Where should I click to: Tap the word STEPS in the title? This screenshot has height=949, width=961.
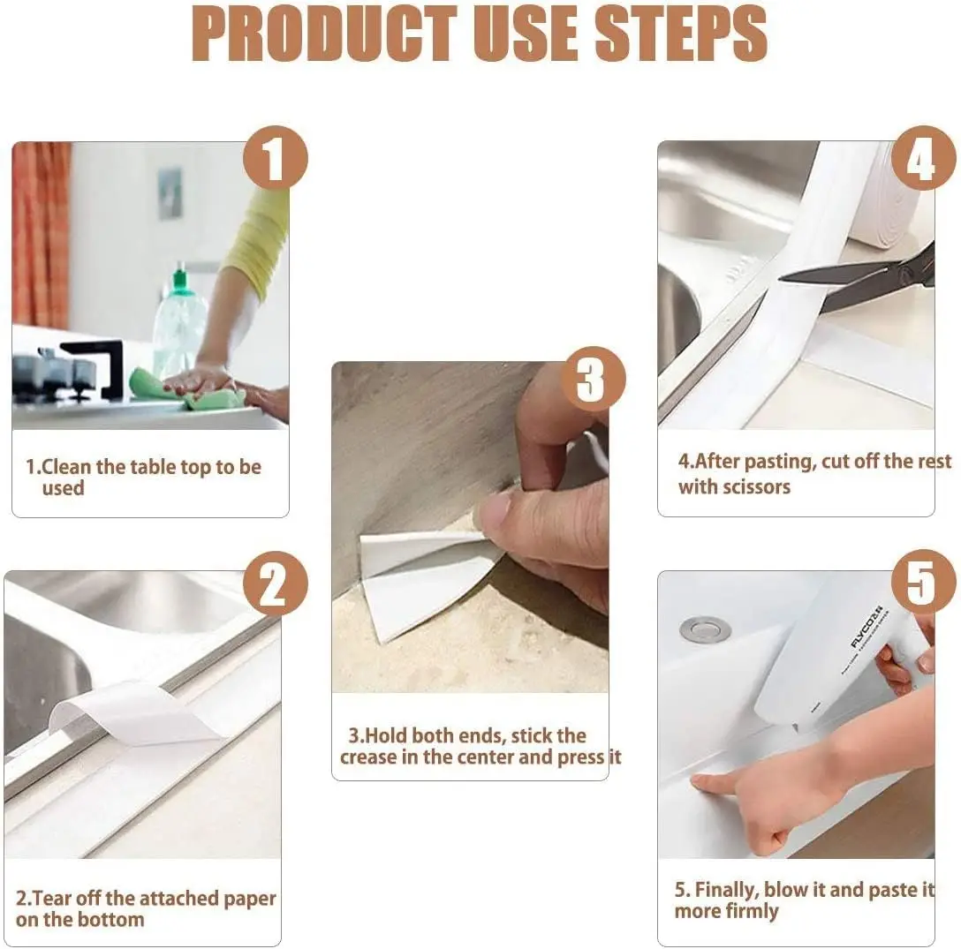(x=680, y=34)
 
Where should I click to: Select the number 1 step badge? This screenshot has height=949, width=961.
(x=276, y=157)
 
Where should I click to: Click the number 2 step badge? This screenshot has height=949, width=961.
(x=276, y=584)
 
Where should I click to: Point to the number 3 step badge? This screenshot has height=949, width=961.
(x=593, y=379)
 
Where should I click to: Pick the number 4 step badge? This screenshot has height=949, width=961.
(x=923, y=158)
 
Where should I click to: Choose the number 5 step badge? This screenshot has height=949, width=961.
(x=923, y=581)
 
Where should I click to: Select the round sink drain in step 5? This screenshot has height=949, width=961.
(x=705, y=629)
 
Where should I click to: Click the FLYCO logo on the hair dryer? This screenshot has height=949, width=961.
(x=866, y=627)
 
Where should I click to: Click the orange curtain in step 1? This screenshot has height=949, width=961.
(x=41, y=235)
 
